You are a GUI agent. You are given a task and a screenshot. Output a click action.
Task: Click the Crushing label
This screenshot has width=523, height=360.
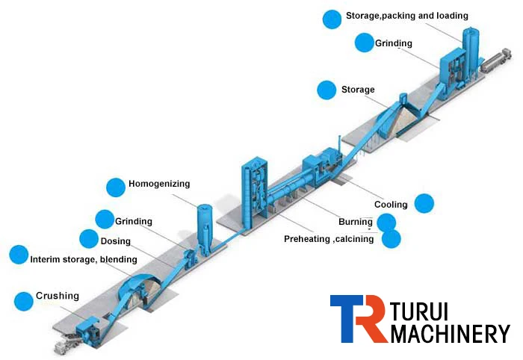pos(58,297)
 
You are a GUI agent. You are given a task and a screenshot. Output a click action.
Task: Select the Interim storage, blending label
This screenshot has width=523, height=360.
pos(84,259)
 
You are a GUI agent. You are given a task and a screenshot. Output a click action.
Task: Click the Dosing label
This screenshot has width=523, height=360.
pos(115,241)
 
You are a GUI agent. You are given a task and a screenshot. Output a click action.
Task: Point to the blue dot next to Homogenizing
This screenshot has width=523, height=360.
pos(115,187)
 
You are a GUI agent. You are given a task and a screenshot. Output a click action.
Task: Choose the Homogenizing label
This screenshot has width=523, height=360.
pos(159,184)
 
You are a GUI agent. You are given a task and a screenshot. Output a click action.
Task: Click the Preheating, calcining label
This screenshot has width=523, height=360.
pos(329,239)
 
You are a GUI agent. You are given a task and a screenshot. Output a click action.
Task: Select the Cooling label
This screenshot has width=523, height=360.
pos(391,205)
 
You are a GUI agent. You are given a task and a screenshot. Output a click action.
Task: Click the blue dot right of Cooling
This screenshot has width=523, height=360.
pos(424,202)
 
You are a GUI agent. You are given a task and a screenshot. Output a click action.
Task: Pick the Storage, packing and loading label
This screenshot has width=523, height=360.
pos(407,16)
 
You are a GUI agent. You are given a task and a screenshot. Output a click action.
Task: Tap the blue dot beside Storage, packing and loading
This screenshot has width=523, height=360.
pos(332,19)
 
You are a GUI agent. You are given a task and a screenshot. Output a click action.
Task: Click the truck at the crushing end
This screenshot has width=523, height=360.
pos(68,344)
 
